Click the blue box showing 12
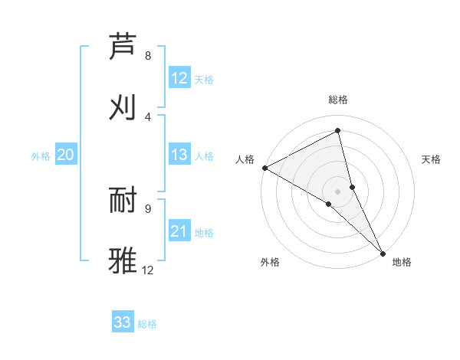[x=179, y=78]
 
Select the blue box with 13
[x=179, y=155]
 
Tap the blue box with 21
[x=179, y=231]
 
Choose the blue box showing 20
[x=65, y=155]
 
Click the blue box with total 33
[x=123, y=322]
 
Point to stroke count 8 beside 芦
[x=148, y=56]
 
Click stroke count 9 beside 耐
[x=148, y=208]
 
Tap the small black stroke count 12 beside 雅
[x=148, y=270]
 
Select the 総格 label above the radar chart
[x=338, y=100]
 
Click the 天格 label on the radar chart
[x=431, y=159]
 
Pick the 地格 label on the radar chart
[x=401, y=262]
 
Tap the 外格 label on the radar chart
[x=270, y=262]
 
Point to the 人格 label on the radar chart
[x=245, y=159]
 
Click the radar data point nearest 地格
[x=383, y=253]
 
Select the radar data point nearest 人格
[x=264, y=168]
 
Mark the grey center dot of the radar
[x=338, y=191]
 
